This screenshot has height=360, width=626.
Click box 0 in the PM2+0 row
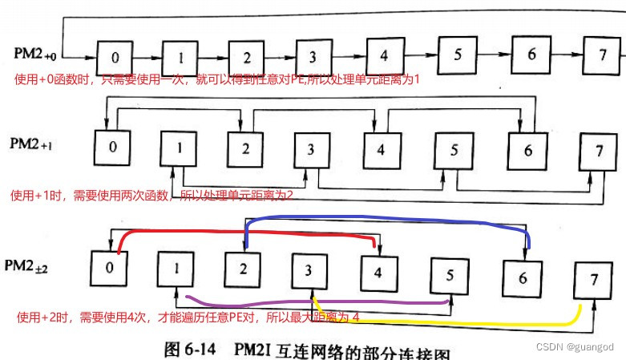click(x=115, y=58)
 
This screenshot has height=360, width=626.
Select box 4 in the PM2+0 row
click(x=384, y=56)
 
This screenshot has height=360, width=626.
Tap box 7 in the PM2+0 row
click(x=602, y=56)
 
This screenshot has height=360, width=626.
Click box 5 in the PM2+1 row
click(x=453, y=150)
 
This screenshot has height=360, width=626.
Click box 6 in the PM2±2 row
click(x=523, y=279)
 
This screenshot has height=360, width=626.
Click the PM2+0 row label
click(x=34, y=55)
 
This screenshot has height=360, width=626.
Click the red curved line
click(x=240, y=233)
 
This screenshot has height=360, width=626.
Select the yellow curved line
click(x=449, y=322)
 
